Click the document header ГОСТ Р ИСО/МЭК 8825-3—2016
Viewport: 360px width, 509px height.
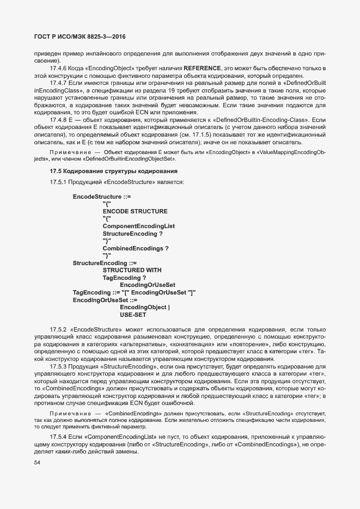pyautogui.click(x=76, y=37)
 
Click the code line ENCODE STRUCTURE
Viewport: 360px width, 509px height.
pyautogui.click(x=135, y=211)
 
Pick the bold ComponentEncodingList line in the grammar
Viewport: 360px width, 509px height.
pyautogui.click(x=138, y=226)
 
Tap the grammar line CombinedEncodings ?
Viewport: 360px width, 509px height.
pyautogui.click(x=135, y=248)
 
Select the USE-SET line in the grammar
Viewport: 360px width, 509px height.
pyautogui.click(x=133, y=315)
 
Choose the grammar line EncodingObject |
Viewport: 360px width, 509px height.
pyautogui.click(x=145, y=308)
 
